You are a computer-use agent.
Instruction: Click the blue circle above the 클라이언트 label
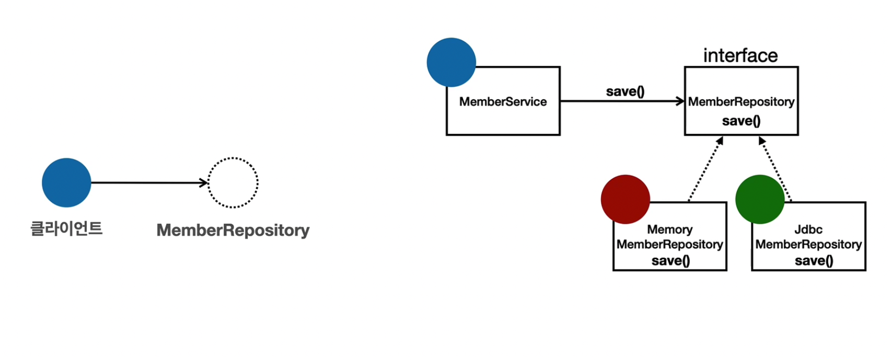[x=66, y=183]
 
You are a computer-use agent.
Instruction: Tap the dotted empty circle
[x=233, y=183]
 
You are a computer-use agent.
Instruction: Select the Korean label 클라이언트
[x=66, y=228]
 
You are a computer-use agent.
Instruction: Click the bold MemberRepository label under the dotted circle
[x=233, y=230]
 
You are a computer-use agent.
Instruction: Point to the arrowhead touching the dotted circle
[x=204, y=183]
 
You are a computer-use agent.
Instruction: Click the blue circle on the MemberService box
[x=451, y=62]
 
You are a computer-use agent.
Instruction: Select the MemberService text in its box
[x=503, y=102]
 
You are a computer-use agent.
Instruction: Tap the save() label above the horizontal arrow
[x=625, y=91]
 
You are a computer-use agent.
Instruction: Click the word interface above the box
[x=740, y=55]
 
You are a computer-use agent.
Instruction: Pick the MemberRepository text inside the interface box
[x=741, y=102]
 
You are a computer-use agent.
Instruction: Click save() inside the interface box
[x=741, y=121]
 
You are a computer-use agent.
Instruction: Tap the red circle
[x=625, y=199]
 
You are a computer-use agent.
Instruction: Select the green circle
[x=760, y=199]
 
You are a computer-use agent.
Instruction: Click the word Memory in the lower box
[x=669, y=229]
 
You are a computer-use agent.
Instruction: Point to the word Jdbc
[x=808, y=229]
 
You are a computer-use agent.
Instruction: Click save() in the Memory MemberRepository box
[x=670, y=260]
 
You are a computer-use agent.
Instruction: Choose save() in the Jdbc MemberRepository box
[x=814, y=260]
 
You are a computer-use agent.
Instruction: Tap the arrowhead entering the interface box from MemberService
[x=680, y=101]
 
